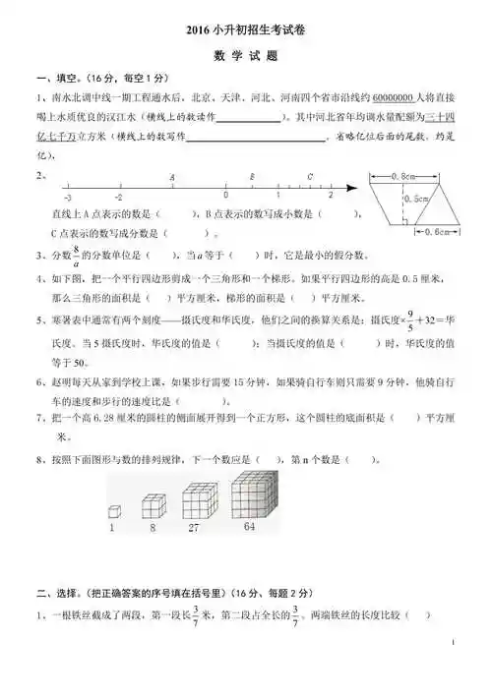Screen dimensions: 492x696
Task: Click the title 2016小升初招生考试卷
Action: point(246,30)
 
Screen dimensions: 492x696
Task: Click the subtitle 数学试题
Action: point(246,56)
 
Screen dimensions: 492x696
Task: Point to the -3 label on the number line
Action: point(67,199)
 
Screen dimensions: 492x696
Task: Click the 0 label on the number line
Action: point(225,199)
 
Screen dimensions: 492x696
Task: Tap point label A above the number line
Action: point(172,177)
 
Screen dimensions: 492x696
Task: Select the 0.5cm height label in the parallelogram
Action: point(416,200)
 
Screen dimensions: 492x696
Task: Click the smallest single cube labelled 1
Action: point(114,512)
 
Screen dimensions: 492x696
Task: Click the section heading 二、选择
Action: point(57,593)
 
